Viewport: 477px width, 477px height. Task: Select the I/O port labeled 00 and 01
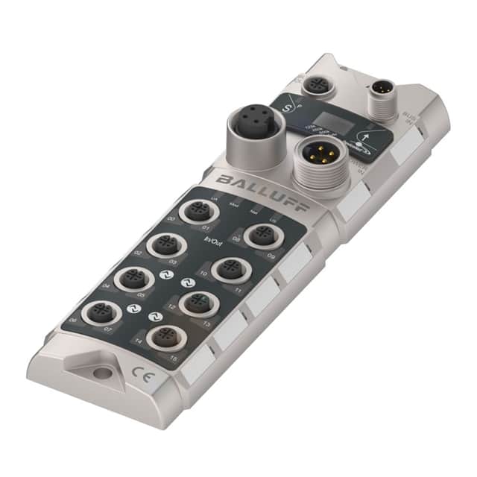[196, 212]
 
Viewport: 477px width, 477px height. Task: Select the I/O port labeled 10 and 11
[228, 269]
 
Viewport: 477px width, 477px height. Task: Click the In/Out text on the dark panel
[213, 240]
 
